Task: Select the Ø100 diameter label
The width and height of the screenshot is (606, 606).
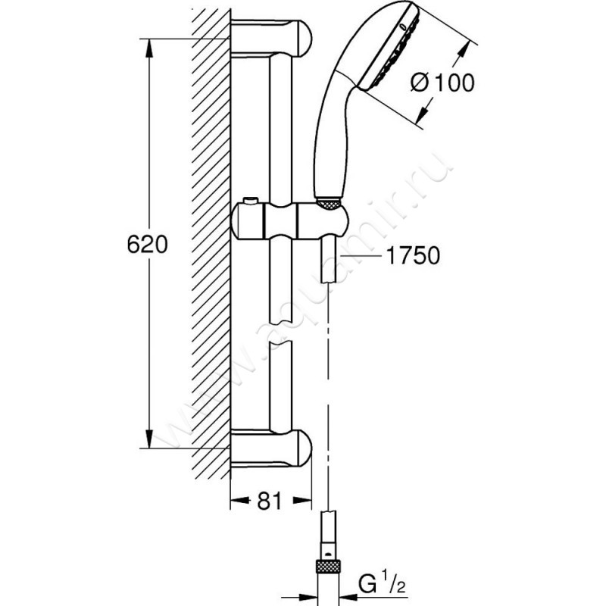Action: coord(443,84)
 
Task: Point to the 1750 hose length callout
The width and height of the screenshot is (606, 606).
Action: coord(411,256)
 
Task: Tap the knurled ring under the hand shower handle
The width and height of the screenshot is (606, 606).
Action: coord(327,202)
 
